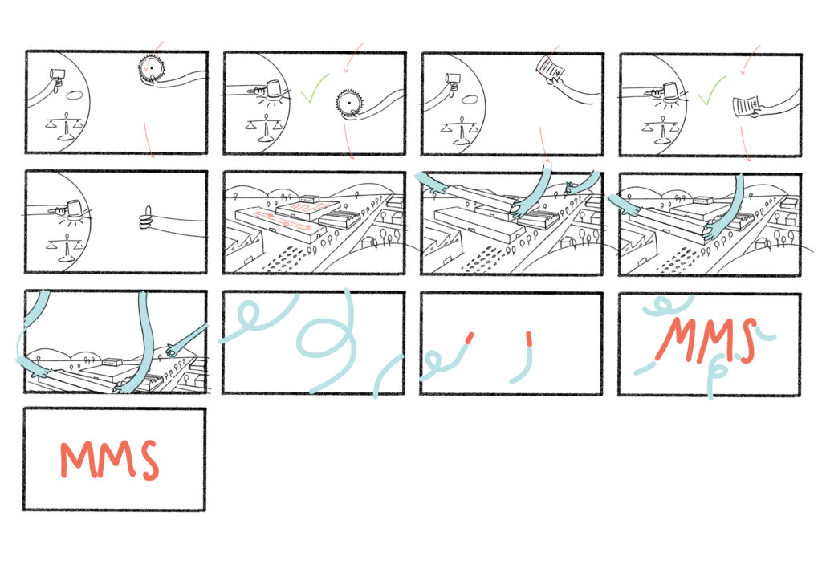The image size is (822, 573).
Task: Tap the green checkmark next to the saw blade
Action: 315,87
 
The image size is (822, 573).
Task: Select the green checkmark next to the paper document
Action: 711,90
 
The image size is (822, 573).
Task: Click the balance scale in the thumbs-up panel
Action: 66,249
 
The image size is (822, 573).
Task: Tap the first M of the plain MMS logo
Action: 78,460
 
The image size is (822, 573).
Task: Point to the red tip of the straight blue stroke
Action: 529,339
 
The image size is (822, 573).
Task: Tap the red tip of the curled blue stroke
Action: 469,338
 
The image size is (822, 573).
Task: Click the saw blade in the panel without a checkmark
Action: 151,68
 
